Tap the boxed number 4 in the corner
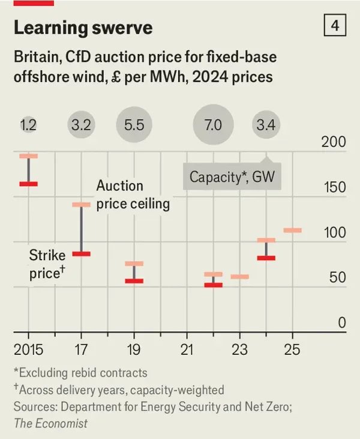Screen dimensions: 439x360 [x=335, y=26]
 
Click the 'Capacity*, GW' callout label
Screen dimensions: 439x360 [x=232, y=177]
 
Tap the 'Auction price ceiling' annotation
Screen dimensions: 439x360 [x=133, y=195]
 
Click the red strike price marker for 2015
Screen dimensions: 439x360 [x=28, y=184]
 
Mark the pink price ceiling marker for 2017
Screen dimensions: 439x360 [x=81, y=205]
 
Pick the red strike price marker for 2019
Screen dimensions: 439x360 [x=134, y=280]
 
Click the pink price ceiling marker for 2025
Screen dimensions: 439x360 [x=292, y=230]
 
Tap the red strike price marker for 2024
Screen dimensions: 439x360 [x=266, y=258]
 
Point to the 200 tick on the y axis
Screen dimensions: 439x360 [x=334, y=142]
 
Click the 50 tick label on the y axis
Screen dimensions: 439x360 [x=338, y=277]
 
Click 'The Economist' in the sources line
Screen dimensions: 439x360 [x=50, y=423]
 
